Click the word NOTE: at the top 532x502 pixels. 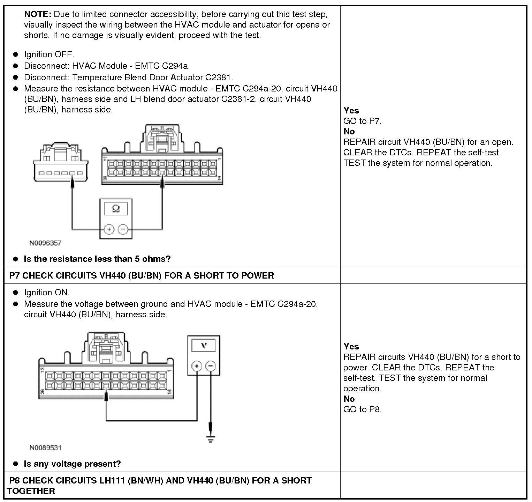[38, 14]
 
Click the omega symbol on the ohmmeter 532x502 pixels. [116, 209]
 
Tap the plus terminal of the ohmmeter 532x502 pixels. [109, 229]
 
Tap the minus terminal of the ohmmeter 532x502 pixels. [123, 229]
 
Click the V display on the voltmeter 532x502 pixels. [204, 345]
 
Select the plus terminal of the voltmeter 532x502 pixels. [197, 366]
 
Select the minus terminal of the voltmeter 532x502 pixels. [211, 366]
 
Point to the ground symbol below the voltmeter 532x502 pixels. [211, 438]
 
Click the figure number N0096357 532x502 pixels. [45, 243]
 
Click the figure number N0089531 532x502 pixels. [45, 448]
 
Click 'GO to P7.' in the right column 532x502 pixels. [363, 121]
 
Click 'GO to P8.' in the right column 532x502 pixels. [363, 409]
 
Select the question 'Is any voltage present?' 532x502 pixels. [72, 464]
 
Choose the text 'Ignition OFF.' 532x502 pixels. [49, 54]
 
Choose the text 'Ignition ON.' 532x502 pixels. [47, 293]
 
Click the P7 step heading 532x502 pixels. [142, 275]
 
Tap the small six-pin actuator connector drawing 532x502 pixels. [61, 163]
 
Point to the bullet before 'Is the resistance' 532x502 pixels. [15, 259]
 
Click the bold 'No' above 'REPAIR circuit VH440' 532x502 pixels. [349, 132]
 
